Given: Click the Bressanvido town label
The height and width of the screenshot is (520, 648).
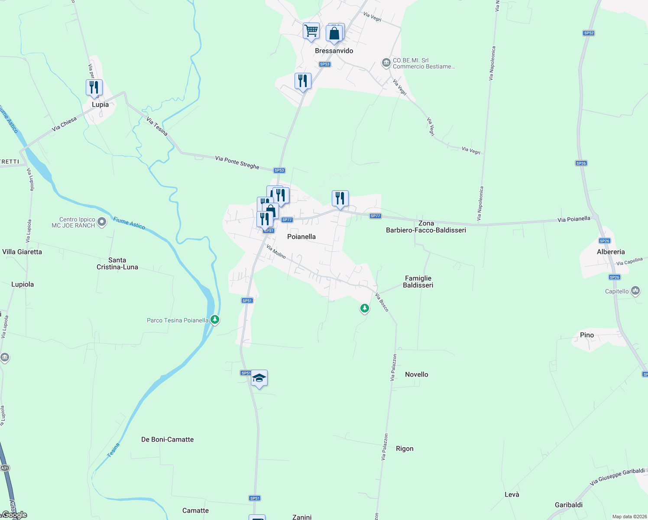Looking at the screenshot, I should pyautogui.click(x=334, y=51).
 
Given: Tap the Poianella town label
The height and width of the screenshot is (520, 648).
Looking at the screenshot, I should pyautogui.click(x=301, y=237).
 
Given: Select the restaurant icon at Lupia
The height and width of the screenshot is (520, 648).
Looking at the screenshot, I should pyautogui.click(x=94, y=88).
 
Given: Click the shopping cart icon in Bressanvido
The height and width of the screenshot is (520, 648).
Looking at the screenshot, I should pyautogui.click(x=311, y=31).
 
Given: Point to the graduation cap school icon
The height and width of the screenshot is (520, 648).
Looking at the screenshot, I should pyautogui.click(x=259, y=378).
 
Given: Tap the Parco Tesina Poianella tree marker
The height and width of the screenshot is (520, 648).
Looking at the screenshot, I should pyautogui.click(x=215, y=320).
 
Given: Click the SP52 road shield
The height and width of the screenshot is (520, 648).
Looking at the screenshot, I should pyautogui.click(x=589, y=33).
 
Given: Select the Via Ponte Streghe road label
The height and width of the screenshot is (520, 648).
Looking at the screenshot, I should pyautogui.click(x=237, y=162).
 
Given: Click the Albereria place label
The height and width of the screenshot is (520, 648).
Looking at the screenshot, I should pyautogui.click(x=611, y=252).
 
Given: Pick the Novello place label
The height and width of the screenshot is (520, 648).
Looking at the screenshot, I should pyautogui.click(x=417, y=374).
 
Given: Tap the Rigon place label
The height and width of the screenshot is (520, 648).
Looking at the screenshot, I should pyautogui.click(x=405, y=448).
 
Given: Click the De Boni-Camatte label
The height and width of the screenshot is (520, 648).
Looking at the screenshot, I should pyautogui.click(x=167, y=439).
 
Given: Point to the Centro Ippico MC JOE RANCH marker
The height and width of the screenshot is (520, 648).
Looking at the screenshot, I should pyautogui.click(x=102, y=222).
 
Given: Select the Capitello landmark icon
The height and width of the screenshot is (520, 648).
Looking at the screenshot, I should pyautogui.click(x=635, y=291).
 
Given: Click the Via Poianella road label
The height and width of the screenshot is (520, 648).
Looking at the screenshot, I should pyautogui.click(x=573, y=219).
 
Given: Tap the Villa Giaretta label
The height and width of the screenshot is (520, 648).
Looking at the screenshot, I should pyautogui.click(x=22, y=252).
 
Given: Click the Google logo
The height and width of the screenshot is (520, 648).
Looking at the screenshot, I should pyautogui.click(x=14, y=515).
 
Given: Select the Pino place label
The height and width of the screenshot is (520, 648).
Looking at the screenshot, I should pyautogui.click(x=587, y=335).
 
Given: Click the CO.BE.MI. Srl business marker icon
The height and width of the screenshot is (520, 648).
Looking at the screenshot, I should pyautogui.click(x=386, y=63).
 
